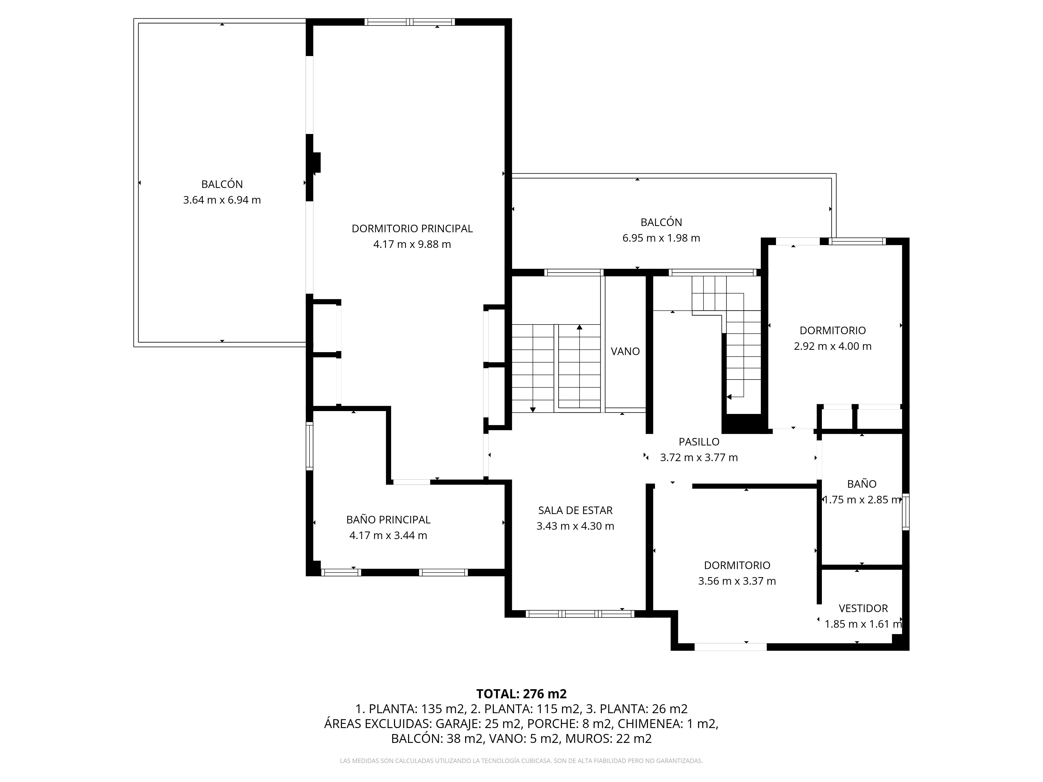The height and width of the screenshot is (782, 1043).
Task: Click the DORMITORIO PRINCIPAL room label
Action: point(412,229)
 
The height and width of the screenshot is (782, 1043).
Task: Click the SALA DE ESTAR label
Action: point(575,510)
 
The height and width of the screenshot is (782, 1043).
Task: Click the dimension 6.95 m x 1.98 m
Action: point(661,238)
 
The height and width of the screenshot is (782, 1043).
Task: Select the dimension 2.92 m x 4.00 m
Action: point(832,346)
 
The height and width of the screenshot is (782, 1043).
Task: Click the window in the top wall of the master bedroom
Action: point(409,22)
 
